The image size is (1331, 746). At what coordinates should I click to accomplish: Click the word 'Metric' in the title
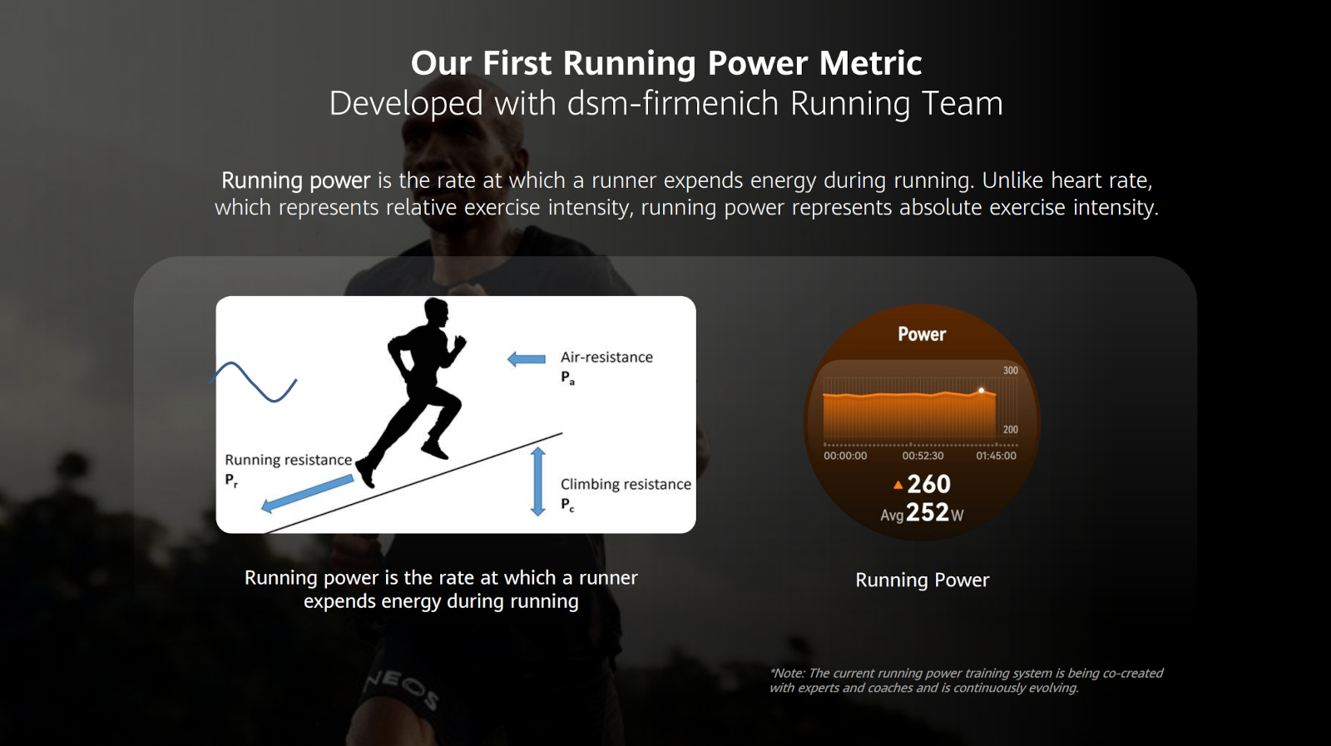[x=870, y=63]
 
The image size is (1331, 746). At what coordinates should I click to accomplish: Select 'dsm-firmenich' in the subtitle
[x=673, y=103]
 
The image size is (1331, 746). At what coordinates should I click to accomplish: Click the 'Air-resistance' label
[x=606, y=357]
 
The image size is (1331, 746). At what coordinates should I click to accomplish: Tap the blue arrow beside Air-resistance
[x=526, y=358]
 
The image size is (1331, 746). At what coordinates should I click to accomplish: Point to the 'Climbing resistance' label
[x=626, y=484]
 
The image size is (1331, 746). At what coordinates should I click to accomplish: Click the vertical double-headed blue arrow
[x=537, y=482]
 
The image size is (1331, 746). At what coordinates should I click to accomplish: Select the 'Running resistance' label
[x=288, y=460]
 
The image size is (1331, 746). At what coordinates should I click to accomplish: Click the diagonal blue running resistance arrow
[x=307, y=493]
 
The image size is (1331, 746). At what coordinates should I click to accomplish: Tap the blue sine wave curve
[x=253, y=382]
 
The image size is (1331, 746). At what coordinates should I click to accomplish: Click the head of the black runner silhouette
[x=436, y=313]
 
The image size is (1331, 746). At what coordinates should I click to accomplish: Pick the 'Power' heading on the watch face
[x=922, y=333]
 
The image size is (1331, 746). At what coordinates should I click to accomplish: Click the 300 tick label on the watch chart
[x=1010, y=371]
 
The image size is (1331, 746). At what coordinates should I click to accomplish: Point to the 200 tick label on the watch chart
[x=1010, y=429]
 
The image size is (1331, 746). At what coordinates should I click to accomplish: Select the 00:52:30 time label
[x=923, y=456]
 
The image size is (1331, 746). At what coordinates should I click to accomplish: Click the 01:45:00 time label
[x=996, y=456]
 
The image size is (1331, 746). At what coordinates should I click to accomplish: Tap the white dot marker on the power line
[x=981, y=391]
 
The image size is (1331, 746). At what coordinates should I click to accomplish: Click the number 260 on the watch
[x=928, y=484]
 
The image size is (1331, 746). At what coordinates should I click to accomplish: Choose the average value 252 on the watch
[x=927, y=512]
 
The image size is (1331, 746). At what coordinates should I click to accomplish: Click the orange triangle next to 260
[x=898, y=485]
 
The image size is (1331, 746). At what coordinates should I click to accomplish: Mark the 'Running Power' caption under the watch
[x=923, y=580]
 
